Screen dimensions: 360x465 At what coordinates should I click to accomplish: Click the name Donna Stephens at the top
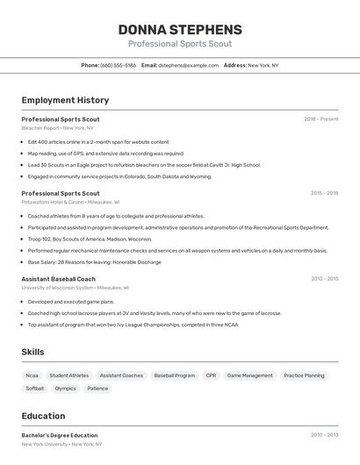point(180,30)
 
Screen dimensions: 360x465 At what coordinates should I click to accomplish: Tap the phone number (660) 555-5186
point(118,65)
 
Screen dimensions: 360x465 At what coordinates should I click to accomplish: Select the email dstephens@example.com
point(188,65)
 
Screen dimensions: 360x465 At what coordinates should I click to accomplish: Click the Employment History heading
point(65,100)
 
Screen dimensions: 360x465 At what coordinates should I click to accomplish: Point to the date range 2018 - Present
point(320,118)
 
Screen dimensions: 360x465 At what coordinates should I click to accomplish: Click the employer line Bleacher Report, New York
point(57,128)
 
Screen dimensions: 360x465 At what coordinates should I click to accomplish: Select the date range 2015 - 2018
point(324,193)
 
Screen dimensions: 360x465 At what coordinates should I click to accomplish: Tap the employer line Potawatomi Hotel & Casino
point(70,202)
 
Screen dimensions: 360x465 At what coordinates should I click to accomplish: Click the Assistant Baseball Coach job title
point(58,279)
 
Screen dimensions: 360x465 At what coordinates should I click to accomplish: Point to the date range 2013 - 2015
point(324,279)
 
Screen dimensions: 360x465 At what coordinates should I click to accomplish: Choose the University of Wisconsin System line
point(75,288)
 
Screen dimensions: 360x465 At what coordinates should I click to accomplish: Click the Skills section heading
point(32,352)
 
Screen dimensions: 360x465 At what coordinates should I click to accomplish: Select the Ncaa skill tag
point(32,376)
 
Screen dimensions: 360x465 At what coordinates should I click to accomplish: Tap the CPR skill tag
point(211,376)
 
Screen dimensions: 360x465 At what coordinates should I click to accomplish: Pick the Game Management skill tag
point(249,376)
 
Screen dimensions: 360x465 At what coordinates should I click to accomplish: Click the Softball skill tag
point(34,389)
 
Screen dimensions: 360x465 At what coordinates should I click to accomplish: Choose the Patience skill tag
point(97,389)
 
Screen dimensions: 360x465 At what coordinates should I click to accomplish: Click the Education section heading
point(43,416)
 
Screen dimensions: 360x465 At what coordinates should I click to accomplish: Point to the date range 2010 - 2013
point(324,435)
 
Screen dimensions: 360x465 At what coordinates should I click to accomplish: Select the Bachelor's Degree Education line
point(60,435)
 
